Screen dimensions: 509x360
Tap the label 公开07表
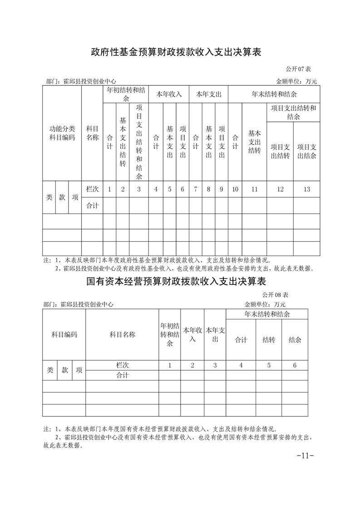point(298,69)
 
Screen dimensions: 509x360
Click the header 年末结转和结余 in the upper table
point(274,94)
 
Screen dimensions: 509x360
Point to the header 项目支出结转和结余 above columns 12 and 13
point(293,112)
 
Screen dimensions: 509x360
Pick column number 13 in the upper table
point(306,189)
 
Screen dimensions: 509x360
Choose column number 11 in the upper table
point(254,189)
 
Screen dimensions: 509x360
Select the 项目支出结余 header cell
point(306,151)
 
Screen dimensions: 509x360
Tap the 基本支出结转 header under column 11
point(254,142)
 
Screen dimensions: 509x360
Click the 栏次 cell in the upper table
point(92,189)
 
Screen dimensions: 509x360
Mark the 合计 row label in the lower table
point(122,375)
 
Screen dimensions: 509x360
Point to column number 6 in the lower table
point(295,365)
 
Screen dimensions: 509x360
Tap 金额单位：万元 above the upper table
point(296,82)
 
